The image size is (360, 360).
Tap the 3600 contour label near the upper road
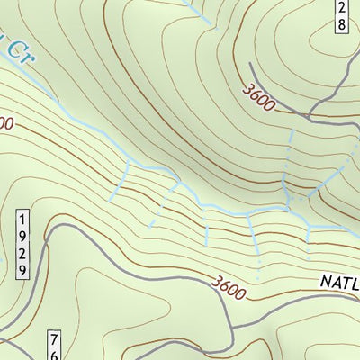pyautogui.click(x=258, y=94)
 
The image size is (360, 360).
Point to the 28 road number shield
pyautogui.click(x=341, y=15)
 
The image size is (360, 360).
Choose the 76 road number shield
pyautogui.click(x=54, y=346)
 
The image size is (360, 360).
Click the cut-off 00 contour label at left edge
pyautogui.click(x=5, y=122)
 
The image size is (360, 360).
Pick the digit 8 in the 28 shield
pyautogui.click(x=341, y=24)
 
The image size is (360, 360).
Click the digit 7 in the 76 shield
pyautogui.click(x=54, y=340)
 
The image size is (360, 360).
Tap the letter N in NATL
pyautogui.click(x=326, y=283)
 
